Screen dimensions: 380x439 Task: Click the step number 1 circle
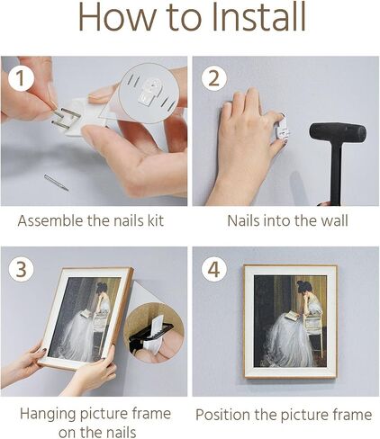21,78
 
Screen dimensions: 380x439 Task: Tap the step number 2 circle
213,78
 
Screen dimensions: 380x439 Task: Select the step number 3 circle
21,269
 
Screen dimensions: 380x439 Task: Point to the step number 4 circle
213,269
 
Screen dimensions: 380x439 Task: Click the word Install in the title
258,17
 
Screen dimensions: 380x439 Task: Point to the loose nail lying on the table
56,183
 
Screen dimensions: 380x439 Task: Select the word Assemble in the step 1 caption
50,220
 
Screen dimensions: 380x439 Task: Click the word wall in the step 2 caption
335,220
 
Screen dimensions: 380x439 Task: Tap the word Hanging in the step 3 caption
48,414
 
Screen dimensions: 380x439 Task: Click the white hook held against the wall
283,129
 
